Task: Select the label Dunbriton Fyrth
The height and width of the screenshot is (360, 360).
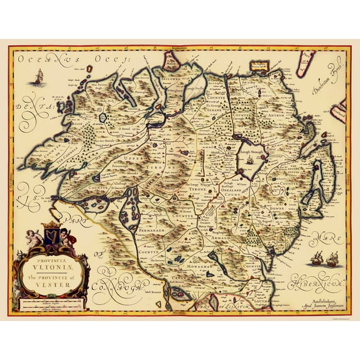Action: pyautogui.click(x=326, y=80)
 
